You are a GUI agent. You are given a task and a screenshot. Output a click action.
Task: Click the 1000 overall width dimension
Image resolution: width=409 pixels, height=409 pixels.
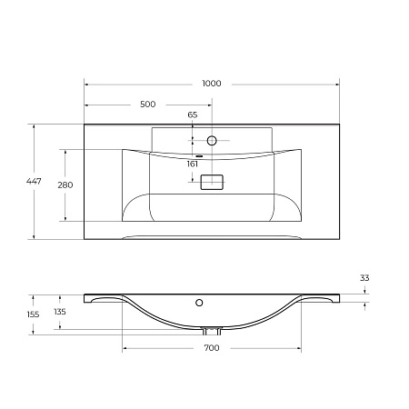(212, 84)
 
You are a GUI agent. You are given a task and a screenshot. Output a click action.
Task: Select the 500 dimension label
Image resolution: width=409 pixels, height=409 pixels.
(147, 104)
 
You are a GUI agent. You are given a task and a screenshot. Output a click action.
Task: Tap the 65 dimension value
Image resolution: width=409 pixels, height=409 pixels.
(193, 115)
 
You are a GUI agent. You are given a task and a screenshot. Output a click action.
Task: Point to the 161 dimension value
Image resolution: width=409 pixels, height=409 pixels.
(193, 165)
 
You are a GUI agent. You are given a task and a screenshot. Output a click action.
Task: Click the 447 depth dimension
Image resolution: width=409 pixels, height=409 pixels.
(34, 183)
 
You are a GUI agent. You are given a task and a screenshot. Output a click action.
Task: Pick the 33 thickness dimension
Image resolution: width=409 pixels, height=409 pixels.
(364, 278)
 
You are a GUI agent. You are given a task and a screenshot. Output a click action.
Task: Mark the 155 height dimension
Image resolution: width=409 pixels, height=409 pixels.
(34, 314)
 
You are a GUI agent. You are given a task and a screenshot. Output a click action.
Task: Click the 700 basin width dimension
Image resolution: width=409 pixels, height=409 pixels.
(212, 348)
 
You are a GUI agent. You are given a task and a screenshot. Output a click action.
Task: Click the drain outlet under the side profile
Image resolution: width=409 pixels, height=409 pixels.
(212, 330)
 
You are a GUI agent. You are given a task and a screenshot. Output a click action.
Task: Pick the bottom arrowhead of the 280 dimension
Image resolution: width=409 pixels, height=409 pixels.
(65, 219)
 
